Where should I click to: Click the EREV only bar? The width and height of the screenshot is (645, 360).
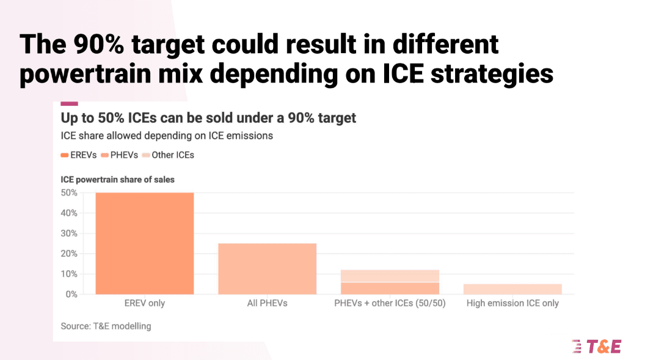(145, 243)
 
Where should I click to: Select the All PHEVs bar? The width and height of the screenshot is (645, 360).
(267, 269)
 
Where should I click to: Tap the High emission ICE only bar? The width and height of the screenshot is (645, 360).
(513, 289)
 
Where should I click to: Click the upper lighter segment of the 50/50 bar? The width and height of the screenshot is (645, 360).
(390, 276)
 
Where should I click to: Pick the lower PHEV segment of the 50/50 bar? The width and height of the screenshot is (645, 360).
(390, 288)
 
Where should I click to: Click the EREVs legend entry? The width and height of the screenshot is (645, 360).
(79, 155)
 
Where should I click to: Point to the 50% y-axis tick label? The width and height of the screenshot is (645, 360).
(69, 193)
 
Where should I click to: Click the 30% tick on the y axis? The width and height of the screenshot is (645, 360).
(69, 233)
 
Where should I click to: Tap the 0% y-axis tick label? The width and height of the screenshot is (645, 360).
(71, 294)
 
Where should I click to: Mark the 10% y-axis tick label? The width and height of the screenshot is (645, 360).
(69, 274)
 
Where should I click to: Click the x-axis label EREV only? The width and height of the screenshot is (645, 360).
(145, 303)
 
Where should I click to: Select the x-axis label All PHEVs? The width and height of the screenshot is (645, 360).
(267, 303)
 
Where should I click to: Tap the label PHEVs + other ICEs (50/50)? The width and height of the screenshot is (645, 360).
(390, 303)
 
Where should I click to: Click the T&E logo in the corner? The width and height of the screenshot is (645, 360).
(596, 347)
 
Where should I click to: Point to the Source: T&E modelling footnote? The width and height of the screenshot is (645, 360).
(106, 326)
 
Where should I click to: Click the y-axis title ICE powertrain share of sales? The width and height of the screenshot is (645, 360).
(117, 180)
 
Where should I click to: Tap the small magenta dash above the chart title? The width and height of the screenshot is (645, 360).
(69, 103)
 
